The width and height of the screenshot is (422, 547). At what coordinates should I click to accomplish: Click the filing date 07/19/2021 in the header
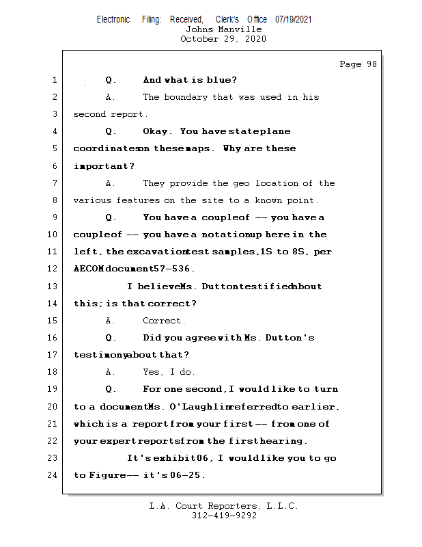click(x=294, y=20)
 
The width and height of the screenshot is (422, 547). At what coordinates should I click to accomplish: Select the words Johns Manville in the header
click(x=223, y=29)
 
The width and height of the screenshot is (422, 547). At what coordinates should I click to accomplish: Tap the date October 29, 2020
click(x=223, y=39)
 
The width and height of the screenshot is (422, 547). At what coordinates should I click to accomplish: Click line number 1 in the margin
click(x=55, y=80)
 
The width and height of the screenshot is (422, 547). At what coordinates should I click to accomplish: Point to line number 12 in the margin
click(x=53, y=269)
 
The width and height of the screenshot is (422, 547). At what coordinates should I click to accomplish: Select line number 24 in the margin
click(x=53, y=475)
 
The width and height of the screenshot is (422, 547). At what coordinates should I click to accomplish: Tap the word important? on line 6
click(x=104, y=166)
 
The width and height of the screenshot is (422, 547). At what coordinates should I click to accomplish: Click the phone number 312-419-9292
click(x=223, y=516)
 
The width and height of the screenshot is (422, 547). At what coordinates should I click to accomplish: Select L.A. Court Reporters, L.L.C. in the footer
click(x=223, y=506)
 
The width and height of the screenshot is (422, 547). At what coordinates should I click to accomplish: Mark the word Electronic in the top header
click(x=113, y=20)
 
